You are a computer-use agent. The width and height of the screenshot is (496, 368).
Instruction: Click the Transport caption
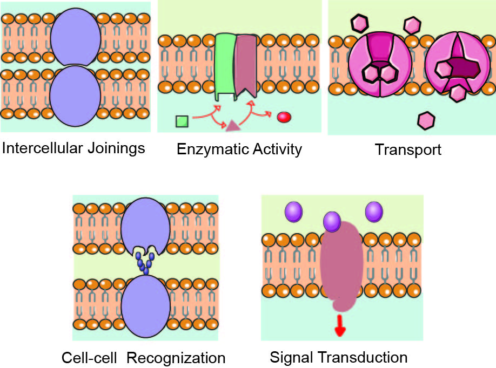click(408, 150)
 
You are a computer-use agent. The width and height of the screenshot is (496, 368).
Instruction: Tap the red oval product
click(284, 117)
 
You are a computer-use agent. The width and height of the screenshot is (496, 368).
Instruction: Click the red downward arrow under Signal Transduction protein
click(340, 325)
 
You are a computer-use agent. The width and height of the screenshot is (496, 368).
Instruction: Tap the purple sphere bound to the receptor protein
click(332, 221)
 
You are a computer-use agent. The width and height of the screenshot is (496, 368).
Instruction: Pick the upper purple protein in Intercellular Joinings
click(75, 39)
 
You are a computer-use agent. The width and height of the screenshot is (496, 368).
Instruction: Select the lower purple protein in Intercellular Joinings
click(75, 92)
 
